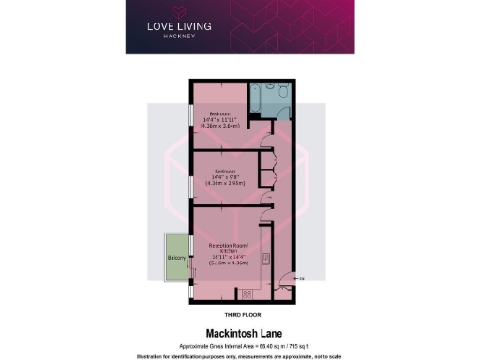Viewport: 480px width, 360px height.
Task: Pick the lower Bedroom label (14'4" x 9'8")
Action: (223, 171)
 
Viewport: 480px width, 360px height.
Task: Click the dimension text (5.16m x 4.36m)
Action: (228, 264)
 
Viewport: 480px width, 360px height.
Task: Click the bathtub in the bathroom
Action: (262, 97)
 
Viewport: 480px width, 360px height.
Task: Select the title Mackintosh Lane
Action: (239, 332)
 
